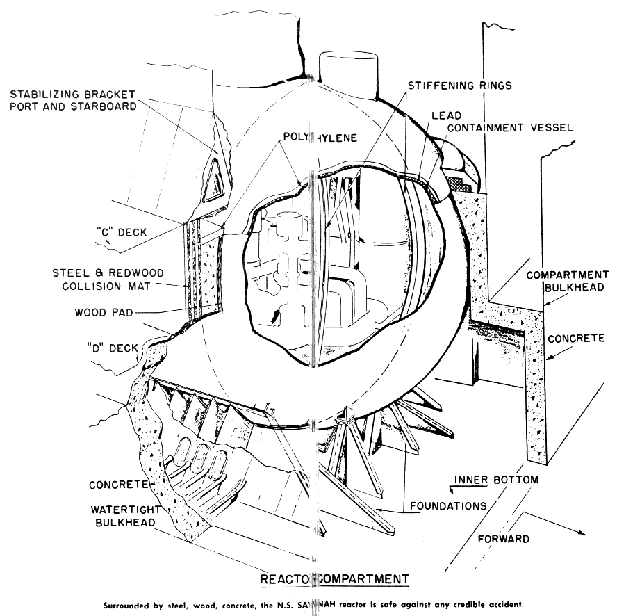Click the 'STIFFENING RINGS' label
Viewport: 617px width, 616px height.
455,86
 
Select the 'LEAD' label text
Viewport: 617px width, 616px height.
445,115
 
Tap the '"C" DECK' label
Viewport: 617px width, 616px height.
122,232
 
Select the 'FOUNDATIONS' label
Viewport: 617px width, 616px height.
447,506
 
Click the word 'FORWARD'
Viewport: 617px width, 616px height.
504,539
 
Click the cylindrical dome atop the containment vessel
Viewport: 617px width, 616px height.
348,70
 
